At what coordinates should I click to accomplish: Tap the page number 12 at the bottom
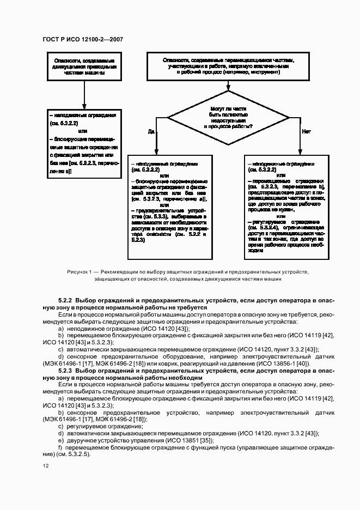pyautogui.click(x=46, y=466)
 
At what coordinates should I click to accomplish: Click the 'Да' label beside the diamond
pyautogui.click(x=151, y=131)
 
